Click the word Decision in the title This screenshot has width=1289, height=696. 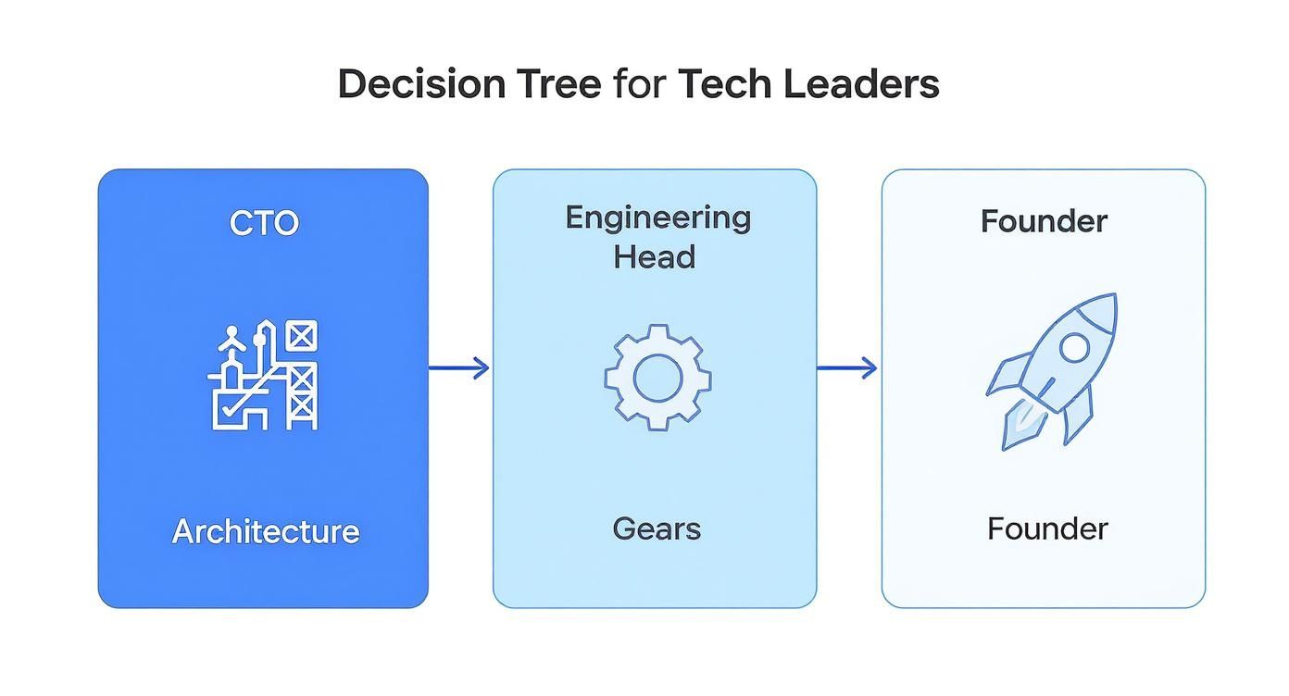click(421, 84)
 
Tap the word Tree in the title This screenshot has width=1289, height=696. click(560, 84)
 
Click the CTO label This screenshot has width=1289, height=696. click(264, 223)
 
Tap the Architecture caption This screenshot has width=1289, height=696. click(265, 531)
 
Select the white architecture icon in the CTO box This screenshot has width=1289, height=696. click(263, 375)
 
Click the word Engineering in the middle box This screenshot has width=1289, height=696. click(657, 218)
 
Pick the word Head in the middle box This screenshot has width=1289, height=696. click(654, 256)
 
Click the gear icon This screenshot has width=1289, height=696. click(657, 377)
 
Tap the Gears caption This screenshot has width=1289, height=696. click(657, 529)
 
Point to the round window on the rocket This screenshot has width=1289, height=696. click(1074, 348)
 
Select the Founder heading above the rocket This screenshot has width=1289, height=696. click(1044, 221)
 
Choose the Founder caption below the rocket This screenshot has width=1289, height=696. click(1047, 529)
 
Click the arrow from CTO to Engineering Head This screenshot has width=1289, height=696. click(460, 368)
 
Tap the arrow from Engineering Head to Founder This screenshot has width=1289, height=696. click(848, 368)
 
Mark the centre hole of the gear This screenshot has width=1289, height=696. click(657, 377)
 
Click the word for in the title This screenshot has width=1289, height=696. click(637, 84)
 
